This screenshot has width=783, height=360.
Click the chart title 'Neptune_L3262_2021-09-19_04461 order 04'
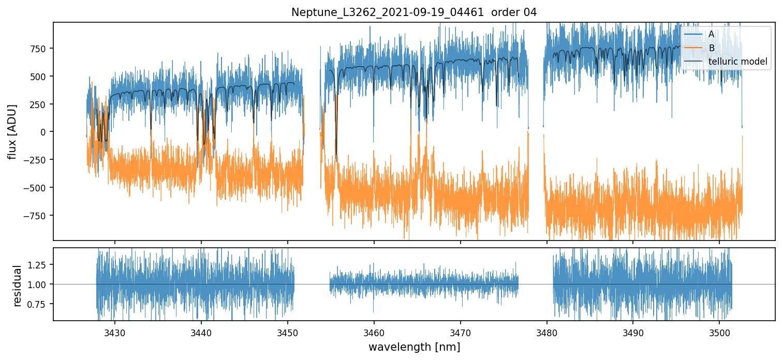pos(414,12)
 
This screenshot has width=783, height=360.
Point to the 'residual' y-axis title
pos(18,286)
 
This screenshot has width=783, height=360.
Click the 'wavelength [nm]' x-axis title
pos(414,347)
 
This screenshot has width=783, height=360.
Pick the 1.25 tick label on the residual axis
pos(40,265)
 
